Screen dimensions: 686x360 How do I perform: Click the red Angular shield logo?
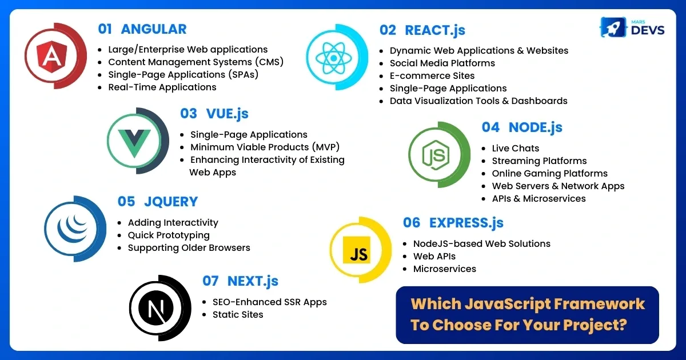(51, 57)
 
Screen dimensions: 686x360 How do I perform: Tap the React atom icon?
(333, 58)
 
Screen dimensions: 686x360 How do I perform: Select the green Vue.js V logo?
(134, 143)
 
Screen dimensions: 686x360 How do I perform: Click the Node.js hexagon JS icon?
(436, 155)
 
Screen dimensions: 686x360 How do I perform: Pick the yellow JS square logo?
(357, 250)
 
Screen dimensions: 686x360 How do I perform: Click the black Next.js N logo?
(156, 308)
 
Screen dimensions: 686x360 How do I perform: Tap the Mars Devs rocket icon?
(613, 27)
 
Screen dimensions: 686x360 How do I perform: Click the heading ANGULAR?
(154, 29)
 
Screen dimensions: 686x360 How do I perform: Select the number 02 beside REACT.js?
(388, 30)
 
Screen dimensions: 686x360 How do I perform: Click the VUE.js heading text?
(228, 114)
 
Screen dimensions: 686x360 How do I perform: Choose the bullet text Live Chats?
(516, 148)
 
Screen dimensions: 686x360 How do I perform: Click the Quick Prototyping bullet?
(169, 235)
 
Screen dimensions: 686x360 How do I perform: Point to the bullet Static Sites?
(238, 315)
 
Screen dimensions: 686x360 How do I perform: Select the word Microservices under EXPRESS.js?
(445, 269)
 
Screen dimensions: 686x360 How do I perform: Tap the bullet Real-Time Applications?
(162, 87)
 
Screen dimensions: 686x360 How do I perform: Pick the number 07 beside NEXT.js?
(210, 281)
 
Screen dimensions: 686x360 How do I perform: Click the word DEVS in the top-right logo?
(648, 30)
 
